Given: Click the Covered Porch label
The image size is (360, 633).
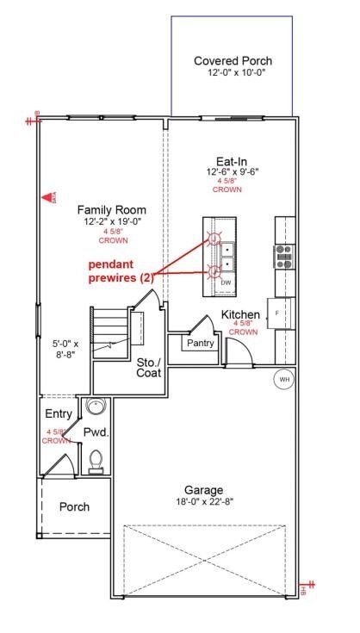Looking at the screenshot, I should (x=233, y=61).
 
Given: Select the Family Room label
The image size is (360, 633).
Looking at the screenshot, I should (x=111, y=210).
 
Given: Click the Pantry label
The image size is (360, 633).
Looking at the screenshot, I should (x=196, y=343).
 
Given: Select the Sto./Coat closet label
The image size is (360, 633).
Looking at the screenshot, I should (x=149, y=367).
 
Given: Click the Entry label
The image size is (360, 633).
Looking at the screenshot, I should (x=59, y=414).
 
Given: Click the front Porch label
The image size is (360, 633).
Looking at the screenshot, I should (x=74, y=506).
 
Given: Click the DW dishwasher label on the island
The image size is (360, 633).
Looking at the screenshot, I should (x=226, y=282).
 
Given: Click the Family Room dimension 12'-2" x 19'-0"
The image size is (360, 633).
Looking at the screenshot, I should (x=111, y=222).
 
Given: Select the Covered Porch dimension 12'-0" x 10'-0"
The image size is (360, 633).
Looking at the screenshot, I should (x=233, y=73).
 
